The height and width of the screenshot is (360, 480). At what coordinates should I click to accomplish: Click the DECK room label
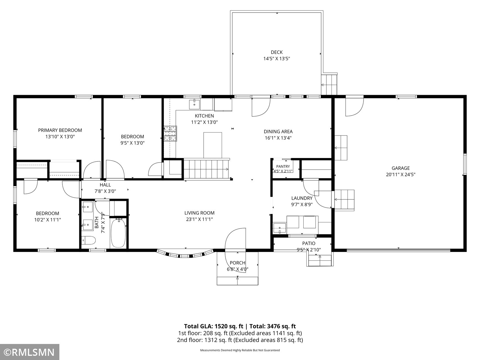pos(277,52)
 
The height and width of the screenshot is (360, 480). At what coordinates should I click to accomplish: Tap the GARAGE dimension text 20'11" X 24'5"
pos(401,174)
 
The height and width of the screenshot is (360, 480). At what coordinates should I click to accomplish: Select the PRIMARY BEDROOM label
pos(60,130)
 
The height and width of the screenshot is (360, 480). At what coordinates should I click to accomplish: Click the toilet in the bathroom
pos(88,240)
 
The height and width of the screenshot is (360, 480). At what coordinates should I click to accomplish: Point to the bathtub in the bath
pos(118,233)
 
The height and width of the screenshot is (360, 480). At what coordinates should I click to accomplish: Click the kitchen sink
pos(194,104)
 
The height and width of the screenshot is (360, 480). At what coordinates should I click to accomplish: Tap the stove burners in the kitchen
pos(171,134)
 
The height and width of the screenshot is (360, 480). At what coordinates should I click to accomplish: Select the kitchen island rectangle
pos(213,145)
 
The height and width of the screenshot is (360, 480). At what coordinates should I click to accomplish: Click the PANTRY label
pos(283,166)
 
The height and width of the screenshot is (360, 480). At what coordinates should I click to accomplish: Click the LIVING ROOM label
pos(199,213)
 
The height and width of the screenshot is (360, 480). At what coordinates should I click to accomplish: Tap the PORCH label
pos(237,263)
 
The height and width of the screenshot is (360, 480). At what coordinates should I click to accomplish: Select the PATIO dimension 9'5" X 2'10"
pos(309,249)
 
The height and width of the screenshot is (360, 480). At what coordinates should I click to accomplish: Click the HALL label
pos(105,185)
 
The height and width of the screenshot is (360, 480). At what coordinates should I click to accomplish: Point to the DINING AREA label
pos(278,131)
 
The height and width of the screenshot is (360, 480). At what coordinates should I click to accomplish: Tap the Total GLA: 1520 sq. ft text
pos(214,326)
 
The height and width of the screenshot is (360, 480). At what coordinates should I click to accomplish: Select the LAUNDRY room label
pos(302,198)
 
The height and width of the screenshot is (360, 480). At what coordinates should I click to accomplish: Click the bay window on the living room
pos(185,254)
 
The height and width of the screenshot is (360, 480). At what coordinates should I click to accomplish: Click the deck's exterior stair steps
pos(329,85)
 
